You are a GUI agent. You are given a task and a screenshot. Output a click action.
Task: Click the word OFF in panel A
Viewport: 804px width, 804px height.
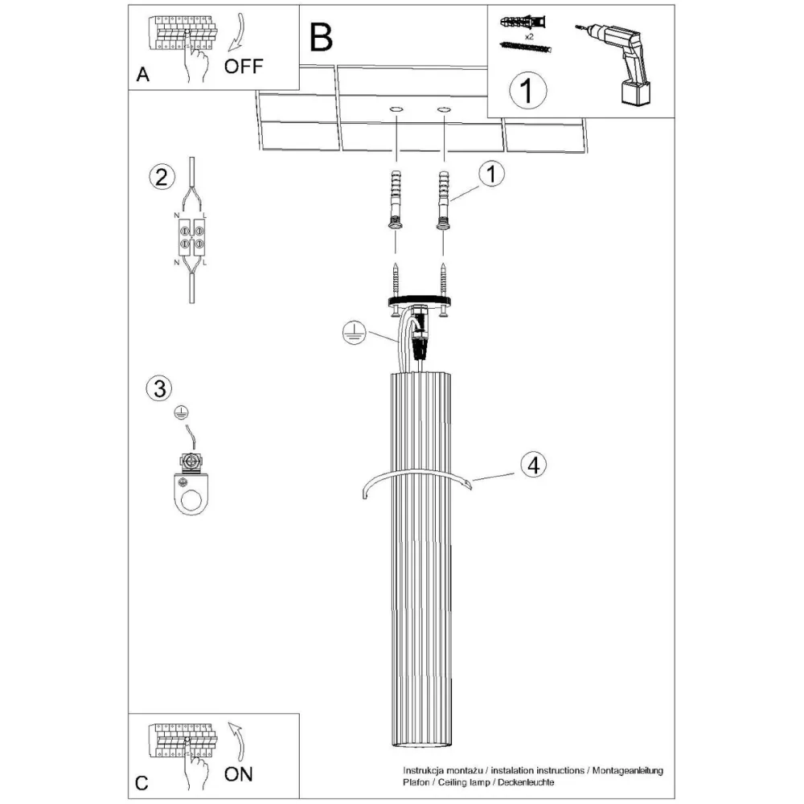[x=243, y=67]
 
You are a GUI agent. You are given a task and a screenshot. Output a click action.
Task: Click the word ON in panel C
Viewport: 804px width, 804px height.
[x=238, y=774]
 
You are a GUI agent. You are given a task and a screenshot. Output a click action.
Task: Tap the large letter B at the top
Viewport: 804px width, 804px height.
[x=321, y=37]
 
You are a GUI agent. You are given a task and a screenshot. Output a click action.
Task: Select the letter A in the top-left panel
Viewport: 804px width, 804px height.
[x=143, y=76]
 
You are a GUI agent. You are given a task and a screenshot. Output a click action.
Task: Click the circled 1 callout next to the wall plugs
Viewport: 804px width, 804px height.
[x=490, y=174]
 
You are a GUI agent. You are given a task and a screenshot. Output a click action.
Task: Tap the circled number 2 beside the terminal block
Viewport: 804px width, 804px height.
[x=161, y=176]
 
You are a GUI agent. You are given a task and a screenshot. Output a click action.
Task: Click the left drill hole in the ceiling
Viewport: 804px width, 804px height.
[x=396, y=108]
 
